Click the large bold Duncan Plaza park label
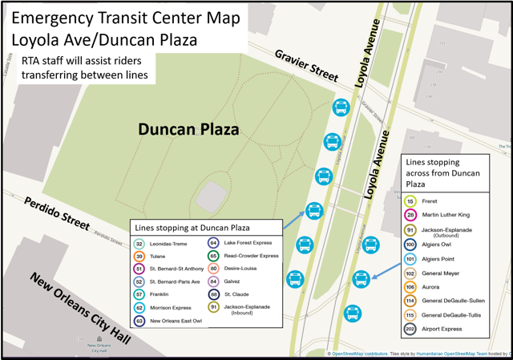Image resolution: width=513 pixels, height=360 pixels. click(188, 128)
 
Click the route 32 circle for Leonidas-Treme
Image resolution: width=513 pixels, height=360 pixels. click(139, 244)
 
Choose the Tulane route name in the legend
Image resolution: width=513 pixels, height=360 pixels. click(158, 257)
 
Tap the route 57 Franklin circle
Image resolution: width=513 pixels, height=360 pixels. click(139, 295)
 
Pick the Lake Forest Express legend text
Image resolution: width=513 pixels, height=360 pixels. click(248, 243)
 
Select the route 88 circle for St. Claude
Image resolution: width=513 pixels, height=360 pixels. click(213, 294)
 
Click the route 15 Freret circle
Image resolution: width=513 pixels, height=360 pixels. click(410, 202)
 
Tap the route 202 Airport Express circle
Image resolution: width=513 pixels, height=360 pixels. click(410, 329)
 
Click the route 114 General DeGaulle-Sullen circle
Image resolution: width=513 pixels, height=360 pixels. click(410, 301)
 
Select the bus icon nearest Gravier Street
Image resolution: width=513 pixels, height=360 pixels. click(341, 108)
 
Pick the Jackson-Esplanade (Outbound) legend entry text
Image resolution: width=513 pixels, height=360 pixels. click(446, 233)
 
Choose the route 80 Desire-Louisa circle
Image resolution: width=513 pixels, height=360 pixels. click(213, 269)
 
